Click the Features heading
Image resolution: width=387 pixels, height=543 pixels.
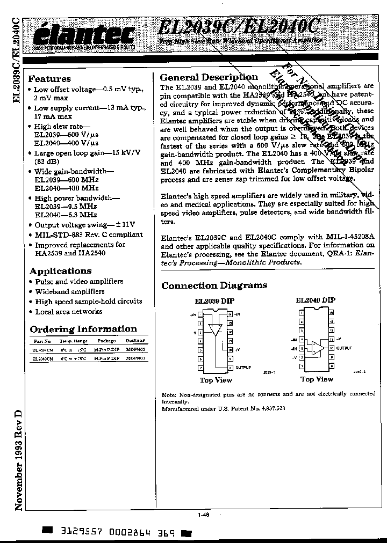pos(49,79)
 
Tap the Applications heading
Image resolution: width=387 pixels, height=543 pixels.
pos(60,271)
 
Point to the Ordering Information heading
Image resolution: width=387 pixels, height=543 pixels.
pos(83,329)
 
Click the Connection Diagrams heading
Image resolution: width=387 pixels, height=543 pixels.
pos(214,285)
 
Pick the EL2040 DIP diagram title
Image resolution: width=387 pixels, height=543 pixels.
pos(315,300)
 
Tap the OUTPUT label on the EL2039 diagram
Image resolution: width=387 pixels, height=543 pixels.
pos(243,367)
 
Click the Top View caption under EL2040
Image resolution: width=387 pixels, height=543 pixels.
pos(317,379)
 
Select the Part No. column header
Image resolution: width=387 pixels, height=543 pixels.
pos(42,341)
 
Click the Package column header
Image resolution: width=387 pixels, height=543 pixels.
pos(106,341)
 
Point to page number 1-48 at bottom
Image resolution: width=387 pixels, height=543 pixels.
pos(203,515)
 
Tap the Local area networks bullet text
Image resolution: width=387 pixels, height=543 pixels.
pos(68,311)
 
